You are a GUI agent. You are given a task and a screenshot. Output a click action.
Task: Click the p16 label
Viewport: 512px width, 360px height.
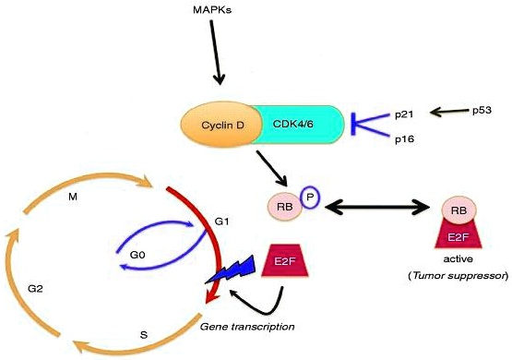point(404,139)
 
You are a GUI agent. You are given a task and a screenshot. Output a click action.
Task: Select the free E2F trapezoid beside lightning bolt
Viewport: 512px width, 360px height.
point(285,261)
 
